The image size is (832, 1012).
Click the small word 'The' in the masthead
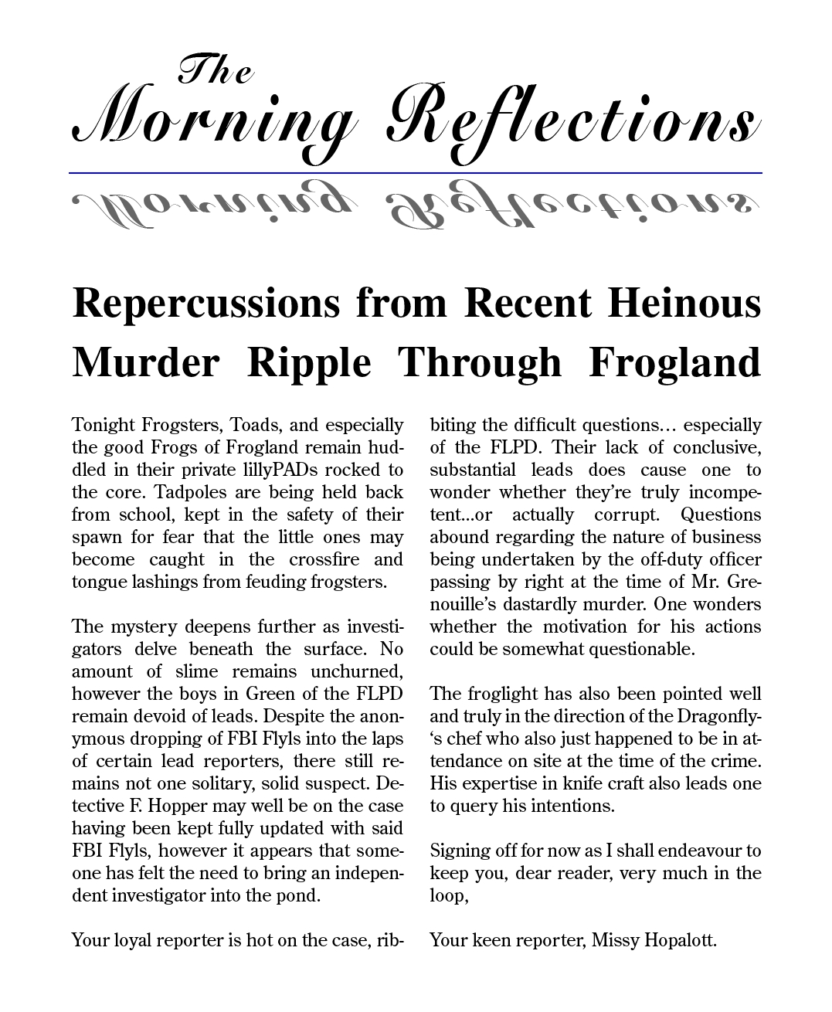(216, 71)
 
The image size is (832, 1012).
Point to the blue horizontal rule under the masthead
(416, 173)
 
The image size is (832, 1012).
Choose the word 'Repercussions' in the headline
(205, 303)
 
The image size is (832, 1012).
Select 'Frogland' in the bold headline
(674, 362)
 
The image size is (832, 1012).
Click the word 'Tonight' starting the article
(104, 426)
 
